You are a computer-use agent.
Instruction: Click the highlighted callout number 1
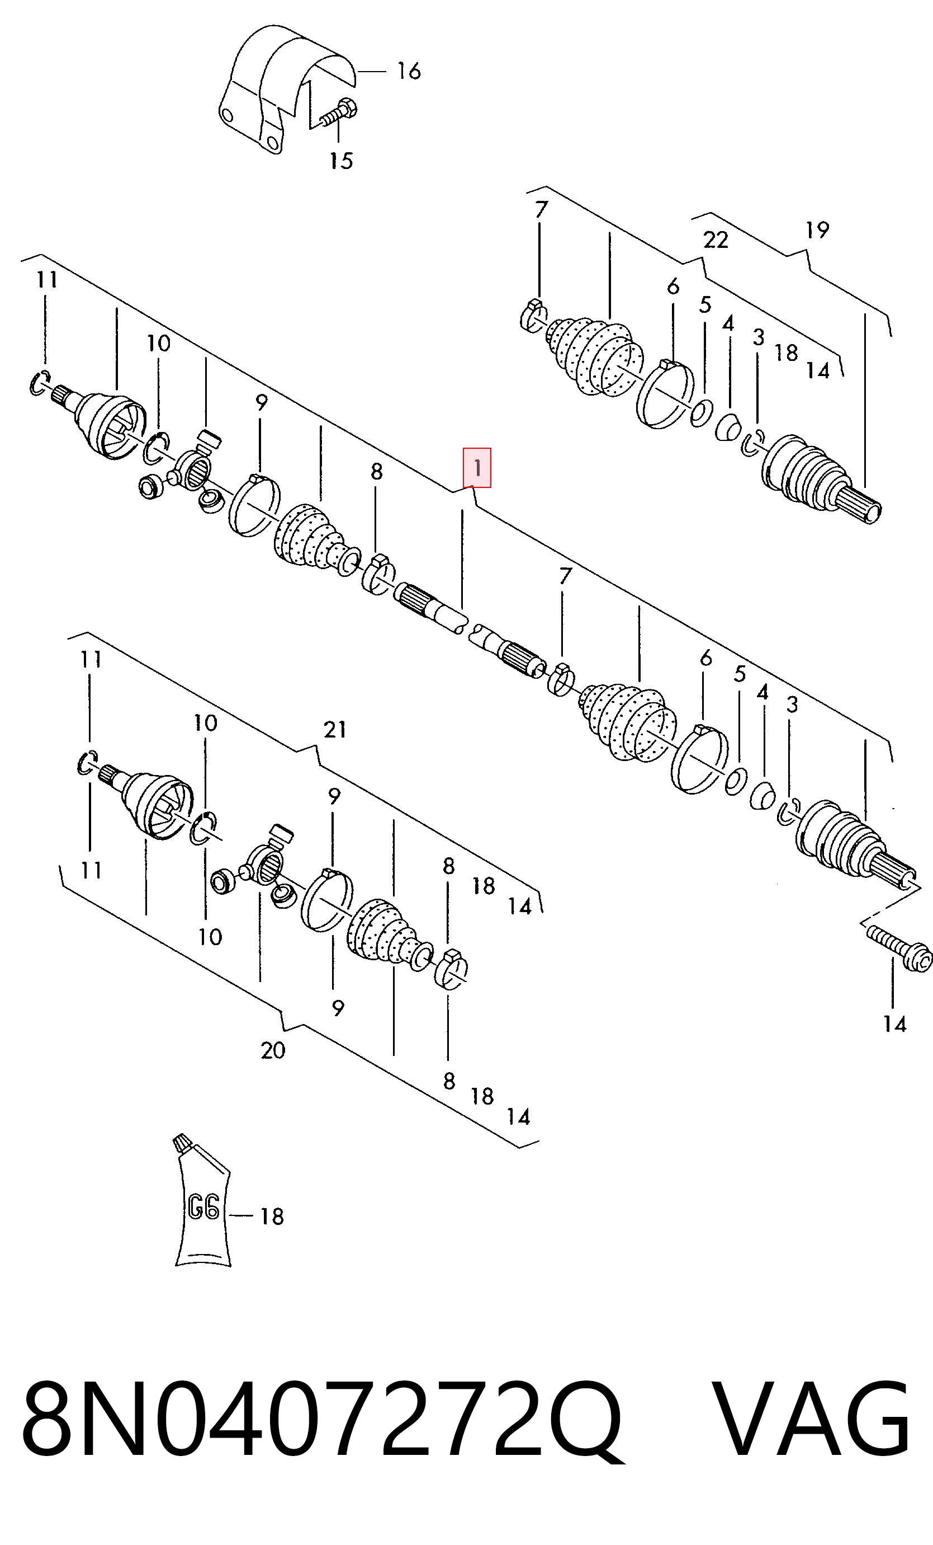coord(477,468)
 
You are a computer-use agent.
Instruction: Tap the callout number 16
coord(409,71)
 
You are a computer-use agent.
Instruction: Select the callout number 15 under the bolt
coord(342,161)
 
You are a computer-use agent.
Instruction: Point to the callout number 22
coord(716,240)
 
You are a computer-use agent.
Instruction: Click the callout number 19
coord(817,230)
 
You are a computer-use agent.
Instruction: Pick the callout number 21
coord(335,729)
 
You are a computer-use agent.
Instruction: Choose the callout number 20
coord(273,1050)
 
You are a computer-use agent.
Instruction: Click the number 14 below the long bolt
coord(895,1024)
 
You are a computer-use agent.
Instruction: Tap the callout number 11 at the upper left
coord(47,279)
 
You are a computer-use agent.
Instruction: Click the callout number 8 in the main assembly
coord(376,471)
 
